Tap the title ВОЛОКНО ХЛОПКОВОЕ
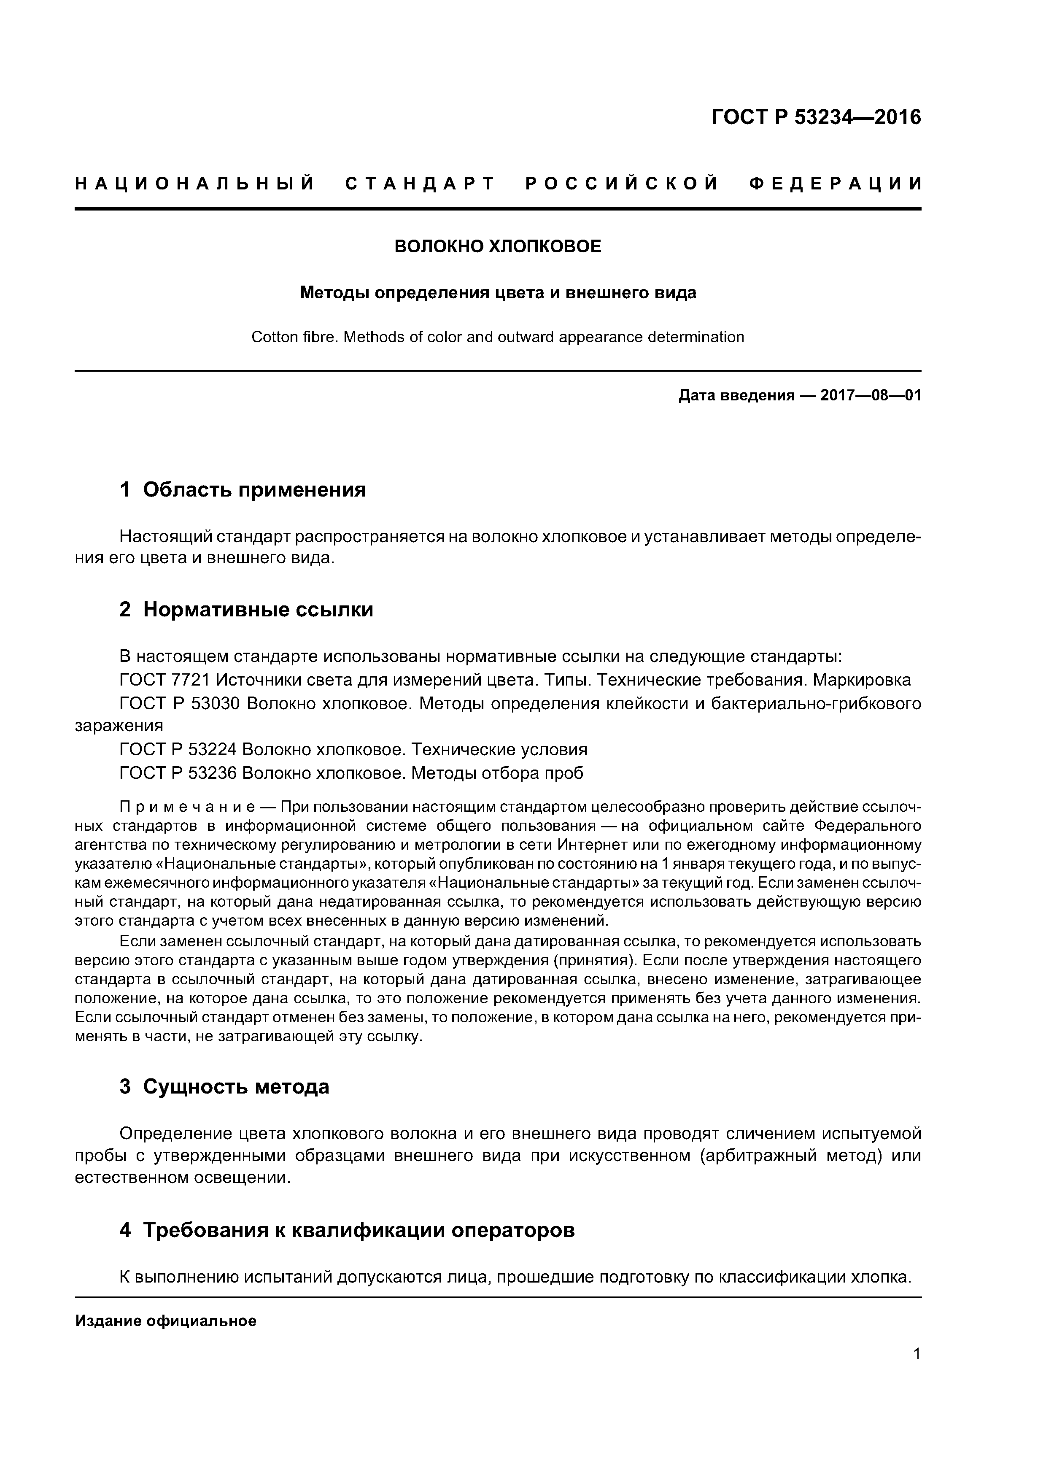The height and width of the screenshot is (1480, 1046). pyautogui.click(x=498, y=247)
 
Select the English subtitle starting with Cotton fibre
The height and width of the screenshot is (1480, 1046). pyautogui.click(x=498, y=337)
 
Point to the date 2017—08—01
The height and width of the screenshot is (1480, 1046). pyautogui.click(x=870, y=396)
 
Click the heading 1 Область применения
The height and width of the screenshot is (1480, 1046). pyautogui.click(x=243, y=490)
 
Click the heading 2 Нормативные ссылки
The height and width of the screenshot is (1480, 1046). pyautogui.click(x=246, y=609)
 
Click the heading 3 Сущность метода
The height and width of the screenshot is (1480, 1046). pyautogui.click(x=224, y=1087)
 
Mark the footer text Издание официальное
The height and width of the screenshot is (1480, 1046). pyautogui.click(x=166, y=1321)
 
